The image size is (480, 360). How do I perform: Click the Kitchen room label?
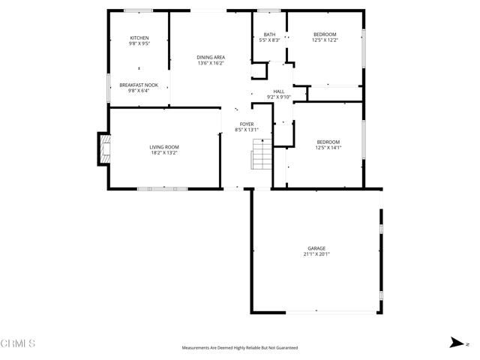pyautogui.click(x=139, y=38)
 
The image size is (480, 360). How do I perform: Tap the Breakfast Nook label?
pyautogui.click(x=139, y=85)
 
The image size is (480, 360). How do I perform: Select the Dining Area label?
pyautogui.click(x=211, y=58)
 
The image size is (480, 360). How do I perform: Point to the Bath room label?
pyautogui.click(x=269, y=34)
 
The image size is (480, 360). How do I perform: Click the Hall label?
pyautogui.click(x=278, y=91)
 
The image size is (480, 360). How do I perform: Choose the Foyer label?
pyautogui.click(x=247, y=124)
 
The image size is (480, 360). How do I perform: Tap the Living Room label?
pyautogui.click(x=163, y=147)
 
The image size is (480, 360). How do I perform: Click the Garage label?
pyautogui.click(x=316, y=248)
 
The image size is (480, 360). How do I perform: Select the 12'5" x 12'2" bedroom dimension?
pyautogui.click(x=325, y=40)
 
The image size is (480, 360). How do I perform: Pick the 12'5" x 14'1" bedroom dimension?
pyautogui.click(x=328, y=148)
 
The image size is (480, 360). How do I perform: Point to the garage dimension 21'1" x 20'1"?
pyautogui.click(x=316, y=254)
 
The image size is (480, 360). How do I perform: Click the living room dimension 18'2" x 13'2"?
pyautogui.click(x=163, y=153)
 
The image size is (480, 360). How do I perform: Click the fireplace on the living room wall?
pyautogui.click(x=104, y=148)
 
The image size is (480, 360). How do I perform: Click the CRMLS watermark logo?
pyautogui.click(x=18, y=344)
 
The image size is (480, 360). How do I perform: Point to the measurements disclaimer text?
pyautogui.click(x=239, y=348)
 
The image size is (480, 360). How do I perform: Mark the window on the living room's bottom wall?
pyautogui.click(x=162, y=188)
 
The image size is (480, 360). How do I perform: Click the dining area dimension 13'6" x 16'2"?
pyautogui.click(x=211, y=63)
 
